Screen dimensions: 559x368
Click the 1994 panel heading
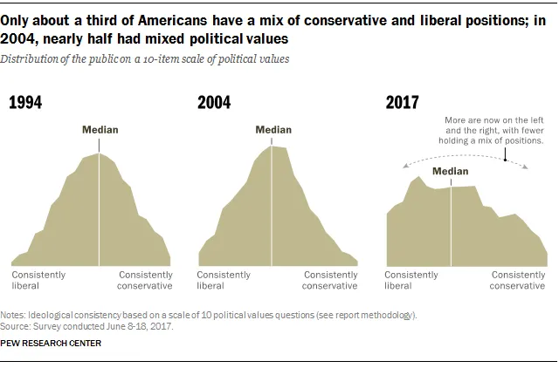pos(25,103)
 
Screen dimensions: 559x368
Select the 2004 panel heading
pos(214,103)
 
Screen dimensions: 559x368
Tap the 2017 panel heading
pos(402,103)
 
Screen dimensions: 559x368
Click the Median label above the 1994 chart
pos(100,130)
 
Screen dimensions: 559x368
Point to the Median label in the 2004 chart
pos(273,130)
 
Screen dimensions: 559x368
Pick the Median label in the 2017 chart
pos(451,171)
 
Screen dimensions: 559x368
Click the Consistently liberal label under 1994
pos(38,280)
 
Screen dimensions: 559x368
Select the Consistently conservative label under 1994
pos(145,280)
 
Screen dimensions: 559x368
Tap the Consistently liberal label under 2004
pos(224,280)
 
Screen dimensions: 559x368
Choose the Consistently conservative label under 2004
pos(330,280)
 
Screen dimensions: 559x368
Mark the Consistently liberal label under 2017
pos(411,280)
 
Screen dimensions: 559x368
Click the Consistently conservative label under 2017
pos(517,280)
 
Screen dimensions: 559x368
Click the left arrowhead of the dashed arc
pos(404,166)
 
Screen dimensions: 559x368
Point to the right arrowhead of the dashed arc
pos(526,167)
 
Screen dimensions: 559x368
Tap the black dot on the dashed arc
pos(505,160)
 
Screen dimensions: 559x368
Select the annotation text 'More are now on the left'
pos(494,120)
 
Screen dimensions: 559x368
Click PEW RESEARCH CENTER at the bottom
pos(51,343)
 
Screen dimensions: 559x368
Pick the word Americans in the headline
pos(173,21)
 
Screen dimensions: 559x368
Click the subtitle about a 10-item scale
pos(145,59)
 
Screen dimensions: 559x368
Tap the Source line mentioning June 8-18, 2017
pos(86,326)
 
